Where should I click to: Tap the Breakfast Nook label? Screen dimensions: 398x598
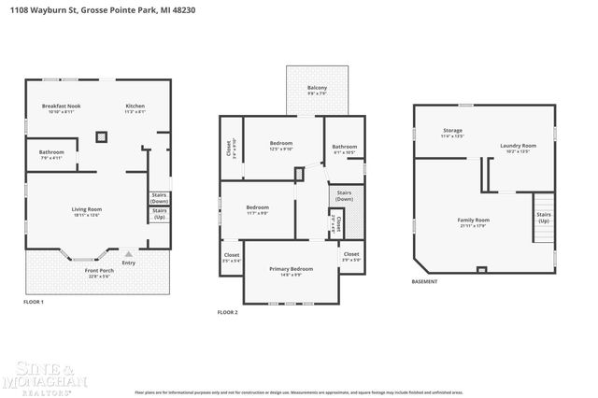[x=62, y=107]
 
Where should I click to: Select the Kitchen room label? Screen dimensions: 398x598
[x=135, y=107]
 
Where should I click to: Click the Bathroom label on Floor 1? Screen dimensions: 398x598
[x=51, y=152]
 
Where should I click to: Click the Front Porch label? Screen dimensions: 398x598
[x=98, y=271]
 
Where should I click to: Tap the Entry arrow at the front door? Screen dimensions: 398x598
[x=129, y=252]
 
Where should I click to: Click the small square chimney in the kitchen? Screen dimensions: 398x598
[x=101, y=137]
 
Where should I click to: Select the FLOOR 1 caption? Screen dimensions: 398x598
[x=34, y=302]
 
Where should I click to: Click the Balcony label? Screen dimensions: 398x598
[x=318, y=88]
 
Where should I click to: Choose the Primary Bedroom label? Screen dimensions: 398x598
[x=292, y=269]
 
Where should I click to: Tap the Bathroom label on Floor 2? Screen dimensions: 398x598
[x=345, y=146]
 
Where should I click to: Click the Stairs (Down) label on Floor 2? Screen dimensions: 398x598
[x=345, y=196]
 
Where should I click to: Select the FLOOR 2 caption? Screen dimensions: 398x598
[x=227, y=311]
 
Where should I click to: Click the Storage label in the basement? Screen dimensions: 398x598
[x=452, y=131]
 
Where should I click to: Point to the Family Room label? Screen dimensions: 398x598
[x=474, y=220]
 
